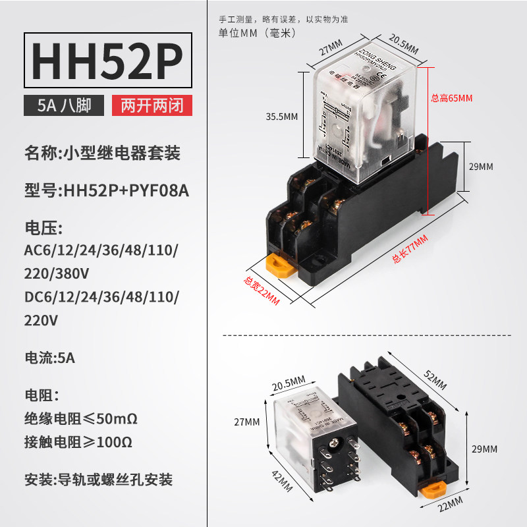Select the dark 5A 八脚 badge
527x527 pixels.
[x=65, y=105]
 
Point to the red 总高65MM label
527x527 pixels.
[x=452, y=98]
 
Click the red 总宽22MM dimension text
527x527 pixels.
[x=262, y=291]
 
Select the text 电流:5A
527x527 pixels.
[x=50, y=359]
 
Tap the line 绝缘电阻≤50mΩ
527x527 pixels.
[x=80, y=418]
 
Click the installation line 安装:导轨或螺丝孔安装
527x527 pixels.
[x=98, y=479]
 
